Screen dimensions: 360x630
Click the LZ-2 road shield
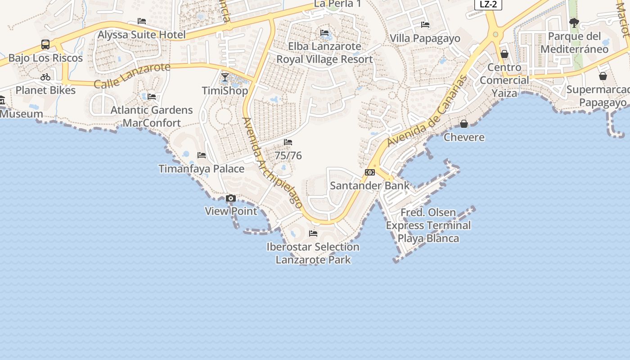(488, 4)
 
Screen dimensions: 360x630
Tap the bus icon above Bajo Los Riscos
(45, 44)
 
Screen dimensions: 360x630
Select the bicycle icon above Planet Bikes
(45, 77)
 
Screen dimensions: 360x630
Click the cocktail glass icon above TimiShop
(225, 77)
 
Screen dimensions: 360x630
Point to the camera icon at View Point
(231, 198)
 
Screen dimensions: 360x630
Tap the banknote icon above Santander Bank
(370, 172)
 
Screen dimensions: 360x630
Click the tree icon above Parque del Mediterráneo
(574, 22)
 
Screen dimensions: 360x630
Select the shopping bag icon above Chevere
(464, 124)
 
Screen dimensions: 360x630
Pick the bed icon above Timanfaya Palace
(202, 155)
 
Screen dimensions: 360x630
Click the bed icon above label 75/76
(288, 142)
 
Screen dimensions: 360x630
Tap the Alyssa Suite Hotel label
(142, 35)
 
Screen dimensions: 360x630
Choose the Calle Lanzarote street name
(132, 75)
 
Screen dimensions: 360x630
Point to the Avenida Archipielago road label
(272, 162)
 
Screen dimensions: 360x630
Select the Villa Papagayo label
(425, 38)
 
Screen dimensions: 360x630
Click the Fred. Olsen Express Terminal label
(428, 225)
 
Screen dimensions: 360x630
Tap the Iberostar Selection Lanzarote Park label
(313, 253)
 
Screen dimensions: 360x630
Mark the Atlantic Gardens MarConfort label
(152, 116)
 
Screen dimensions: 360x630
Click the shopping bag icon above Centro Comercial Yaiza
(504, 54)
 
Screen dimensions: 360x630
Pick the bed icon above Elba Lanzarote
(324, 33)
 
